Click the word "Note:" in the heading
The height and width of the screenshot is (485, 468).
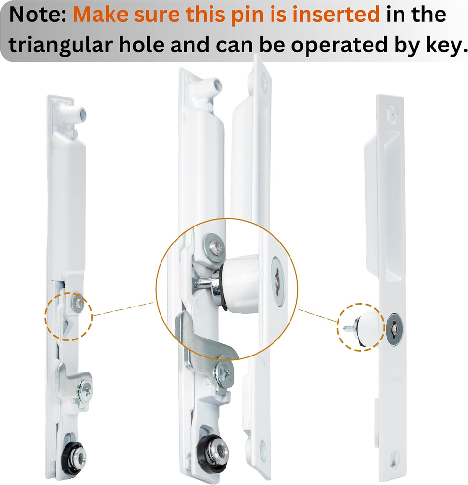(38, 15)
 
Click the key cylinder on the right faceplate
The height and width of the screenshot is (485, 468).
(394, 329)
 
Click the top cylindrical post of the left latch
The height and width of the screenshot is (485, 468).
(77, 114)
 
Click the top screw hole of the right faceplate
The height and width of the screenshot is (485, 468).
(392, 112)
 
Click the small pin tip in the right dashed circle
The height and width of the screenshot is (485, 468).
(347, 328)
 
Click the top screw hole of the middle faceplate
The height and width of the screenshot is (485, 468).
(263, 81)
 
